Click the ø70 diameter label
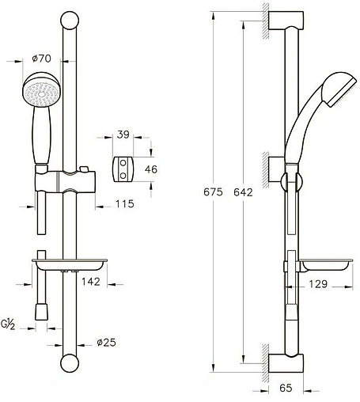click(x=42, y=59)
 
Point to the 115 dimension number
click(x=123, y=203)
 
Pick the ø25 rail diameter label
click(x=107, y=343)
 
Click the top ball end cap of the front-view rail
click(x=70, y=21)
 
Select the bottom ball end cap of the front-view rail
click(x=70, y=366)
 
